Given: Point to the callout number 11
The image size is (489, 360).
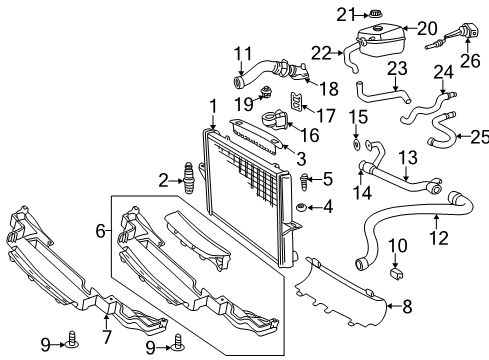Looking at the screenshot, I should coord(243,54).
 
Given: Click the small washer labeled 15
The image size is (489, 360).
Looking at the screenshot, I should coord(356,143).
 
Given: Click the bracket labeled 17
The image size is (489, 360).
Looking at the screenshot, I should coord(296,101).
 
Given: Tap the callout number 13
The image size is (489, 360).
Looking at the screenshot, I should coord(407,156).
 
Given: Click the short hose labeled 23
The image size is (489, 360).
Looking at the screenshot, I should coord(383,96).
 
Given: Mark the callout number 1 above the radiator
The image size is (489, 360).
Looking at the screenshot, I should coord(211,105).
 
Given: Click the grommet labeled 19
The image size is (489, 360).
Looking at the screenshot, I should coord(266,95).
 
